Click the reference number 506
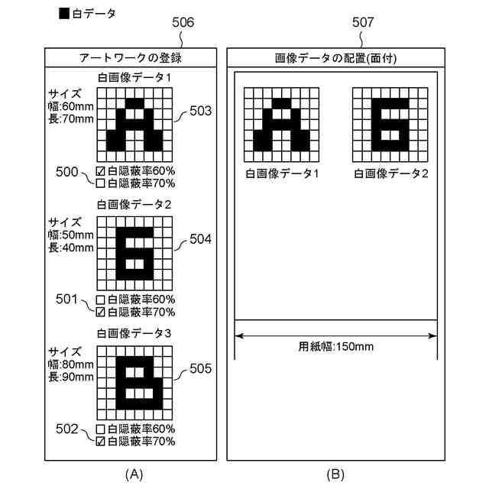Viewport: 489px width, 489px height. click(x=183, y=22)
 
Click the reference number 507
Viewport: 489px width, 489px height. click(x=363, y=22)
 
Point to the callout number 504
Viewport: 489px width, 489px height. click(x=200, y=240)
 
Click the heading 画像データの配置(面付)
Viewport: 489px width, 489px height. click(x=335, y=58)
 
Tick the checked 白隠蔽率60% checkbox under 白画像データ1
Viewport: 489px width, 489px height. click(x=100, y=171)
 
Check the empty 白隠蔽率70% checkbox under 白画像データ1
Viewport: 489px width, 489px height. click(x=100, y=183)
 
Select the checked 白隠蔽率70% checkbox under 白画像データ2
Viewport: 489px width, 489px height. click(x=100, y=312)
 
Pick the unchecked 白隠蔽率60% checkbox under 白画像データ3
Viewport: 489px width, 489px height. click(x=100, y=429)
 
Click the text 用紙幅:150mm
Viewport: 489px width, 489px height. click(x=335, y=346)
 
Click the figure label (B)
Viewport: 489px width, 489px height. click(x=335, y=474)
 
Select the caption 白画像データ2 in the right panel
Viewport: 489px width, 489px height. click(x=390, y=173)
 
